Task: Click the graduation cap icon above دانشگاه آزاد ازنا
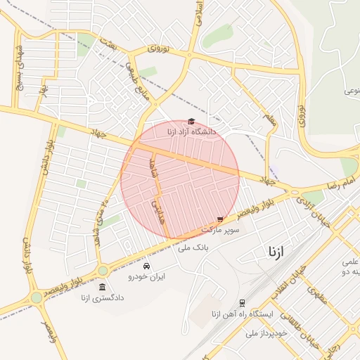191,122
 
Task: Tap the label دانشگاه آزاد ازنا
192,131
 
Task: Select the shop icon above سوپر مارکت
221,220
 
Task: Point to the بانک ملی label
195,247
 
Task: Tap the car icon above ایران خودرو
146,266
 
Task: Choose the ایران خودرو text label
146,277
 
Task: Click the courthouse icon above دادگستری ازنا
103,288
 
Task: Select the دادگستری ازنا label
103,298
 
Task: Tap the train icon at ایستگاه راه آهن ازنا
242,303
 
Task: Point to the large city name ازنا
276,252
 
